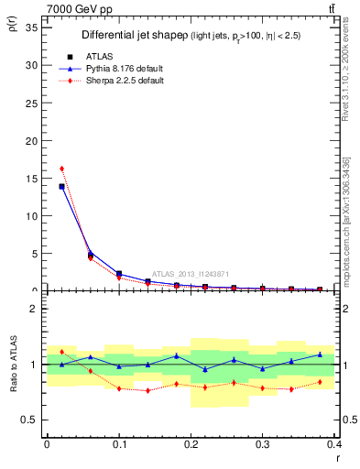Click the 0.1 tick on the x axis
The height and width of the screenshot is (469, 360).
tap(119, 443)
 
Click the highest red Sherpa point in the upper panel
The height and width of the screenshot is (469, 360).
tap(61, 169)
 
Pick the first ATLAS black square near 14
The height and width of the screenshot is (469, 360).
tap(61, 186)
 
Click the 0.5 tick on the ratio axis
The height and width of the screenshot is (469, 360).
tap(35, 420)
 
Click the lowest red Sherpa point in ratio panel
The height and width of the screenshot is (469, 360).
tap(148, 391)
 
